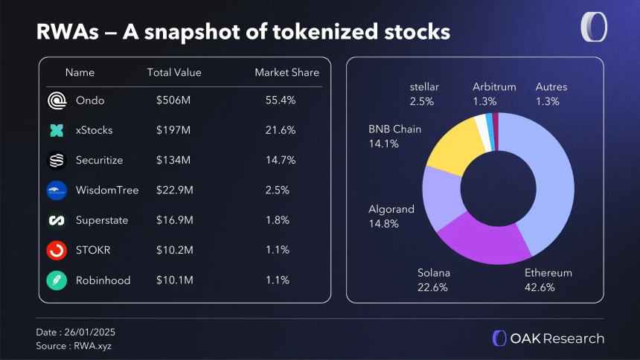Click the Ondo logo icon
(57, 100)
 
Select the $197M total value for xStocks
(173, 130)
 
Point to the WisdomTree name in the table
(107, 190)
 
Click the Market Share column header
(287, 72)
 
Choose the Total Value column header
(174, 72)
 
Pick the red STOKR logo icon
(57, 251)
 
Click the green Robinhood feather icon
(57, 280)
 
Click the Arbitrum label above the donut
(494, 87)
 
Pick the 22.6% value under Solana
(432, 287)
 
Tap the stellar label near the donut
(424, 87)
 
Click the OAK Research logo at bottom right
(548, 338)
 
